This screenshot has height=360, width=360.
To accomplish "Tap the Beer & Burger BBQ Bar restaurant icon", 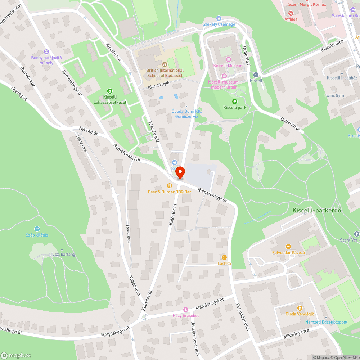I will pos(169,186).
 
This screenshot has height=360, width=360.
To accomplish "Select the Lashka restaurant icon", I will pos(224,257).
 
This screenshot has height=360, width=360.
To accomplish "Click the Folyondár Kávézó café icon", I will pos(288,247).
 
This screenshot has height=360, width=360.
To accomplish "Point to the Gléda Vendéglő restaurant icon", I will pos(300,308).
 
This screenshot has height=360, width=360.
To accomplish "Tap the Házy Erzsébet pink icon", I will pos(186,310).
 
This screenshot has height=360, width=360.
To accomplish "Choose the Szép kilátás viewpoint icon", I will pos(37,229).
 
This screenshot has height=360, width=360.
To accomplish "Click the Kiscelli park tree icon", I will pos(235,102).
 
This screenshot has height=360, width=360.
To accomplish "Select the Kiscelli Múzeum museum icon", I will pos(228,59).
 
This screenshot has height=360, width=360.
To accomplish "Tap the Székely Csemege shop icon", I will pos(219,18).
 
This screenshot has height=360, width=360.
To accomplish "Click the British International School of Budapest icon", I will pos(165,64).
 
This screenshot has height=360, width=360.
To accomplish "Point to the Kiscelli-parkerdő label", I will pos(317,211).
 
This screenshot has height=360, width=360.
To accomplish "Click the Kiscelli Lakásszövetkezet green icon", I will pos(110,91).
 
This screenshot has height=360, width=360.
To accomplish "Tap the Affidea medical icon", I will pos(291,13).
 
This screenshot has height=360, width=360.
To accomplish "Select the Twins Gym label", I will pos(334,96).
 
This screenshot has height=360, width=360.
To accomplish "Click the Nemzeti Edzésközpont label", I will pos(326,322).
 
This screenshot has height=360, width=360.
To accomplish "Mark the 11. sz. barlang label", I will pos(62,255).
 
